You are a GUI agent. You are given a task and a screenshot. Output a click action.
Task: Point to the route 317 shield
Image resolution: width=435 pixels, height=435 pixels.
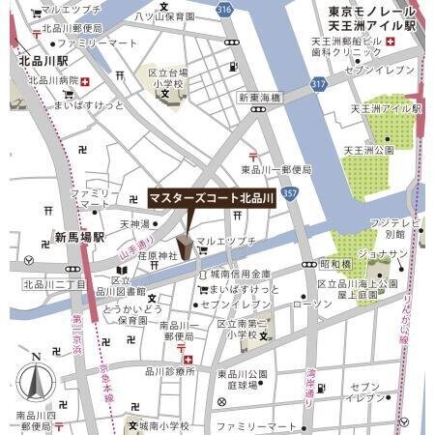(x=318, y=85)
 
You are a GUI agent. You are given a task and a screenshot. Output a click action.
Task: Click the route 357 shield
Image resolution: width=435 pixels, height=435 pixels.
(x=291, y=193)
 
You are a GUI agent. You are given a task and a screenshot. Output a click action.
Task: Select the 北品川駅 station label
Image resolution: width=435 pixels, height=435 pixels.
(x=42, y=60)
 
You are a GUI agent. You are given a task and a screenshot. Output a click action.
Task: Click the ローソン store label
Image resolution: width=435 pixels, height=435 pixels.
(x=311, y=304)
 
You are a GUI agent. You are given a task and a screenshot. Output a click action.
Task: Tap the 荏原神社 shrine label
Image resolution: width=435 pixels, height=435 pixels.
(x=158, y=256)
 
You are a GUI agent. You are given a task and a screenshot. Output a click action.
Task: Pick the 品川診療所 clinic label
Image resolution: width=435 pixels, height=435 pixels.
(x=170, y=371)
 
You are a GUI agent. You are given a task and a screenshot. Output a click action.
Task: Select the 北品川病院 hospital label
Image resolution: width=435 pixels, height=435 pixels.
(x=53, y=81)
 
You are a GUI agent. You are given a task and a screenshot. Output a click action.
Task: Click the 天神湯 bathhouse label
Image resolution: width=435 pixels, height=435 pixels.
(x=135, y=224)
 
